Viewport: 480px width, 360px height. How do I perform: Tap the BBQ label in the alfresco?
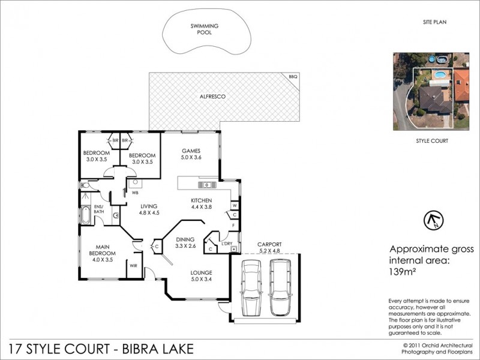293,77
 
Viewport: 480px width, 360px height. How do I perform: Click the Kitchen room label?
200,200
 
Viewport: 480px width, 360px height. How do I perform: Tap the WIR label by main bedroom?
134,264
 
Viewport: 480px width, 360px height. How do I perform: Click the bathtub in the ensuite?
86,215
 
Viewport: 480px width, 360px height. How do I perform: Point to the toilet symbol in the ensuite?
85,186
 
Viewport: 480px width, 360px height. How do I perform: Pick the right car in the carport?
280,288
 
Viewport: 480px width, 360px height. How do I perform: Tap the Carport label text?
269,244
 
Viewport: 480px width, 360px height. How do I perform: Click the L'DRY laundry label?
227,243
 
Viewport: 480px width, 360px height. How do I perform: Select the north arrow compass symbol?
431,220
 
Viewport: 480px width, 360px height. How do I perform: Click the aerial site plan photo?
431,91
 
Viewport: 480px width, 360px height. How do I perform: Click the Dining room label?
185,239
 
